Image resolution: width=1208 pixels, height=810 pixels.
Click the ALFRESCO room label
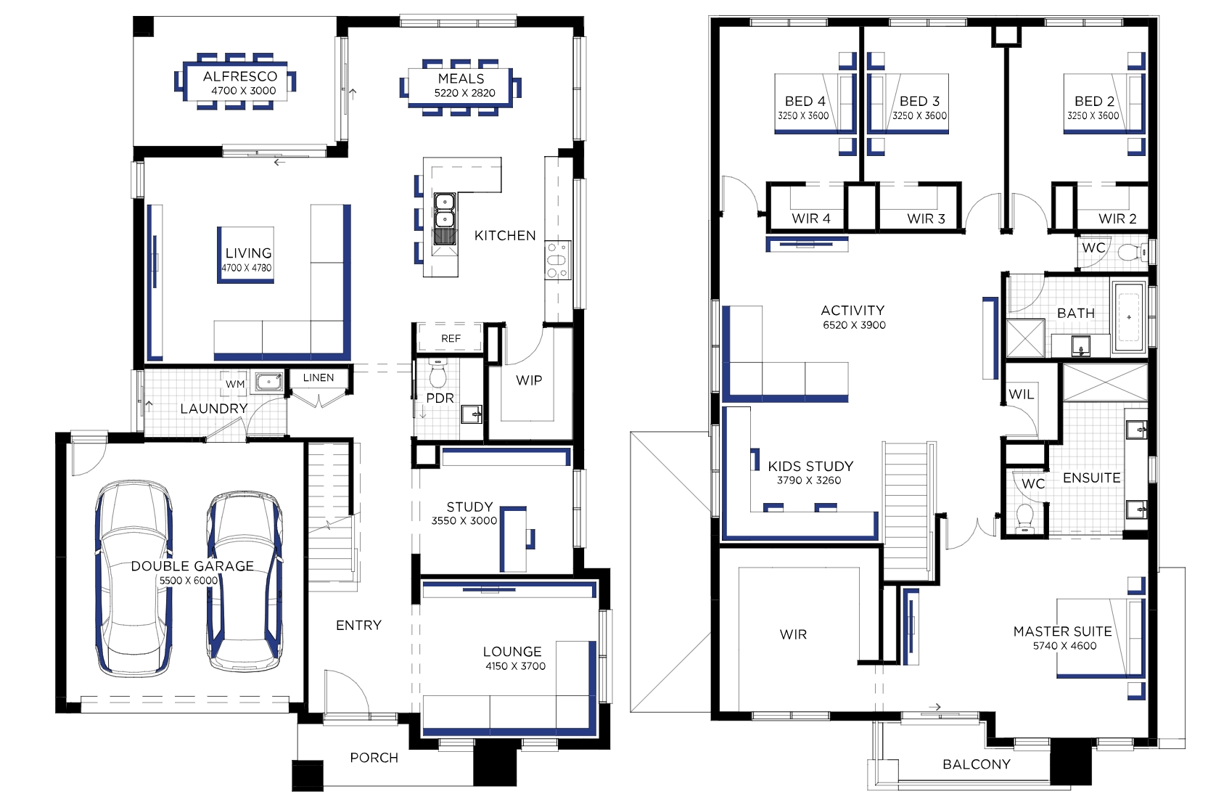(240, 76)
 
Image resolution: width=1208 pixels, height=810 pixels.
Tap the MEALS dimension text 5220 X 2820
(464, 93)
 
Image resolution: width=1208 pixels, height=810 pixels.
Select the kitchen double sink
(444, 210)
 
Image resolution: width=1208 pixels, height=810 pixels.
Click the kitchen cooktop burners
(558, 261)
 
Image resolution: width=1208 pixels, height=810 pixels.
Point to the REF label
(451, 338)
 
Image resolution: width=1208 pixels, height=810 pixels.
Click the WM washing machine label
(235, 384)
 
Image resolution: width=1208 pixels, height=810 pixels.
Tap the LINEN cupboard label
(319, 377)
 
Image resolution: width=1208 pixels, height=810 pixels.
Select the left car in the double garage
(134, 578)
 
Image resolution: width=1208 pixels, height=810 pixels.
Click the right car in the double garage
(245, 581)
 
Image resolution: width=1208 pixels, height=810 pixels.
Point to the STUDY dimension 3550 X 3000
(464, 520)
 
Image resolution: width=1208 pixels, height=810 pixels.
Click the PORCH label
(374, 758)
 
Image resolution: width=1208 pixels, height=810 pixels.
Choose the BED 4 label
(805, 101)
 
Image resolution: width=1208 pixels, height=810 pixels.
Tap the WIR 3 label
(926, 218)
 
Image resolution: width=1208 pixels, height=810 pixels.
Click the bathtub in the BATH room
(1129, 317)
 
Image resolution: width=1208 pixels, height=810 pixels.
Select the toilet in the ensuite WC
(1024, 518)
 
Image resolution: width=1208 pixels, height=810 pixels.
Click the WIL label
(1022, 395)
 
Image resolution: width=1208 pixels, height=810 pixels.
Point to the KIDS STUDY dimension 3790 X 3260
(809, 480)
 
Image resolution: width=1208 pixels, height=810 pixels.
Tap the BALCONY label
(976, 764)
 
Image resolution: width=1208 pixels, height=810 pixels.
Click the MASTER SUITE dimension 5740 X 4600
(1064, 645)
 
